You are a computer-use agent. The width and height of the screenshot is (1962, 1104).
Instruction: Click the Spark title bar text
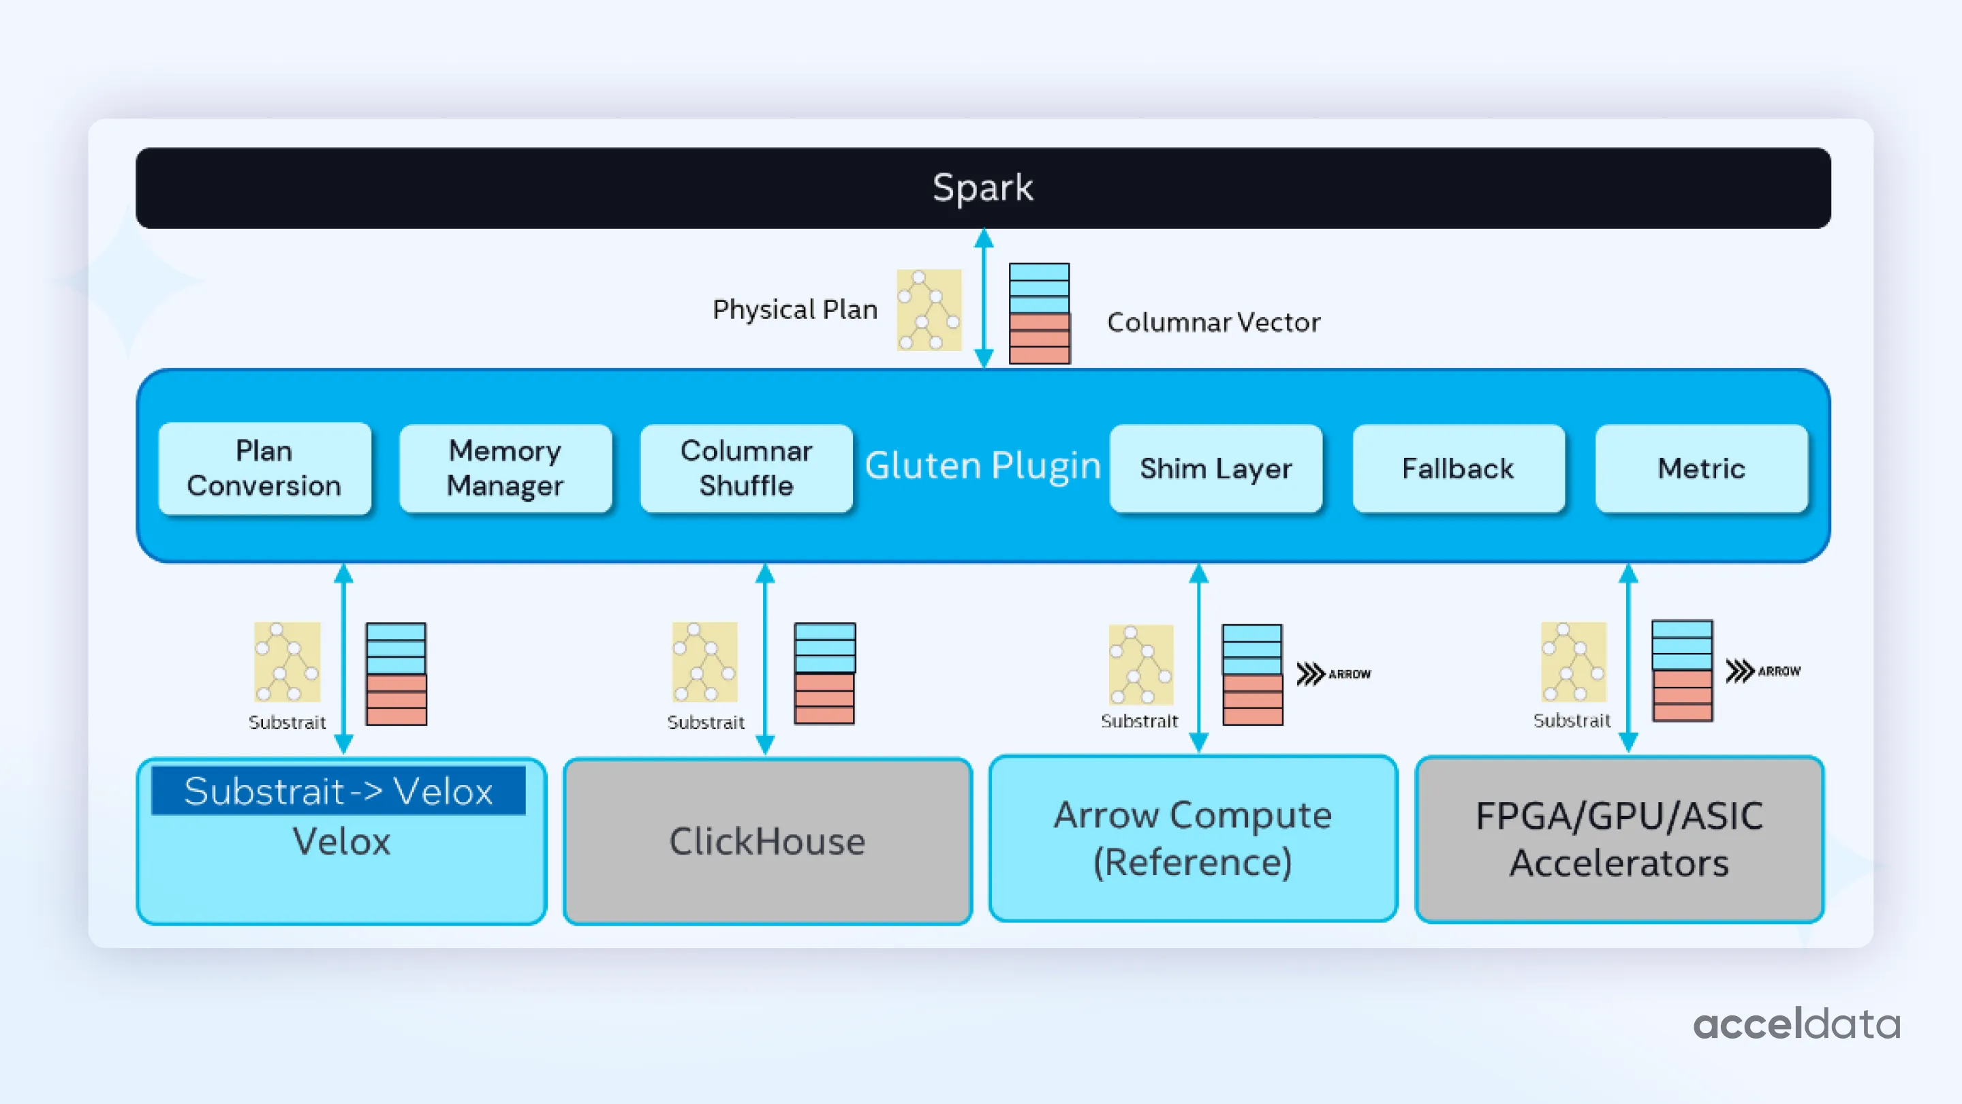click(x=982, y=187)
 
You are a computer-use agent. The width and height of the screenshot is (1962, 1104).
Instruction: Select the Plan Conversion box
click(x=264, y=467)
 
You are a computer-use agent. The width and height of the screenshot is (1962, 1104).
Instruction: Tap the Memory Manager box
click(x=505, y=467)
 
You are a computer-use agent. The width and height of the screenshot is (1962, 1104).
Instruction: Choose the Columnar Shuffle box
click(x=746, y=467)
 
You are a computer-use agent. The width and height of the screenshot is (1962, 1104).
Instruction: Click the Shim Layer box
click(x=1215, y=467)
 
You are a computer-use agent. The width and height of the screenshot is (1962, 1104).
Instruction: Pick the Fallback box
click(x=1458, y=467)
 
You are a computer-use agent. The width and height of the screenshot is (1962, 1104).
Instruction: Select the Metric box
click(x=1701, y=467)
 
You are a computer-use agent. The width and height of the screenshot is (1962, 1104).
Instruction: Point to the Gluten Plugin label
click(x=982, y=465)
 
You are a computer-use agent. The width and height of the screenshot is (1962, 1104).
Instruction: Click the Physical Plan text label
click(x=794, y=309)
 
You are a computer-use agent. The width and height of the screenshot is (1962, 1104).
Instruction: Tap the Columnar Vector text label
click(x=1213, y=322)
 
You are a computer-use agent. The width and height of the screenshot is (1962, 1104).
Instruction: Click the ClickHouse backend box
click(x=767, y=841)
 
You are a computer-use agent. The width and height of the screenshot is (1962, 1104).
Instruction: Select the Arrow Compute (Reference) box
click(x=1193, y=838)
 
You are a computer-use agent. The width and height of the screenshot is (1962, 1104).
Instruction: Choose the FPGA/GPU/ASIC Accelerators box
click(x=1619, y=839)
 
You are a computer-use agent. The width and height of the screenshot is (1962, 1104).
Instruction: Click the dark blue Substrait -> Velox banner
click(x=338, y=791)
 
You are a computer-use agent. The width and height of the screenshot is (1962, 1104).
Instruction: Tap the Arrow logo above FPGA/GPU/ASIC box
click(x=1762, y=671)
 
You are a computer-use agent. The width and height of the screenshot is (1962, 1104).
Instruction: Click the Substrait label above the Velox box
click(x=287, y=722)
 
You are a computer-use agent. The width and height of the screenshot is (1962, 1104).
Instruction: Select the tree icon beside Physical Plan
click(x=929, y=310)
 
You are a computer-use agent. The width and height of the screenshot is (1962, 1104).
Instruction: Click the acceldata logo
click(x=1796, y=1025)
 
